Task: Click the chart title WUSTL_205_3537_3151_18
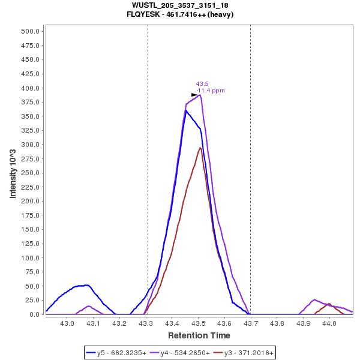pos(180,5)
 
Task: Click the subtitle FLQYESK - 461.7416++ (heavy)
pos(180,14)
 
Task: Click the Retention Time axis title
pos(199,335)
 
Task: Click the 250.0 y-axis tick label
pos(30,145)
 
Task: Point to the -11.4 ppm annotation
pos(211,91)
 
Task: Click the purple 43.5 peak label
pos(202,84)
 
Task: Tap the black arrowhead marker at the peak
pos(194,95)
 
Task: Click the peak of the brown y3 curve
pos(200,148)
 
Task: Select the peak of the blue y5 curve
pos(186,110)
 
